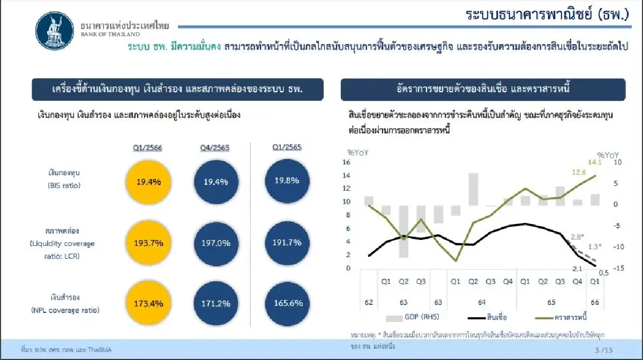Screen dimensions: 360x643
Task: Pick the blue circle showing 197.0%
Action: pyautogui.click(x=216, y=243)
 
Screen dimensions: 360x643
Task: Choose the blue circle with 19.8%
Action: pyautogui.click(x=287, y=181)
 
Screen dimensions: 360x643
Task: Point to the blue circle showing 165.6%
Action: pyautogui.click(x=287, y=303)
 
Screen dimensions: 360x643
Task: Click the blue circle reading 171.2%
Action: pyautogui.click(x=216, y=304)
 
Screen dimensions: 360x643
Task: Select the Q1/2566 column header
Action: pyautogui.click(x=148, y=147)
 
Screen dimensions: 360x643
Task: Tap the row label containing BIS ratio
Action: pyautogui.click(x=63, y=178)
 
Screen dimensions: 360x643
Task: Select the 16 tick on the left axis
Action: pyautogui.click(x=346, y=162)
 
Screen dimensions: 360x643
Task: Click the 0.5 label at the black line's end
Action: pyautogui.click(x=603, y=273)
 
